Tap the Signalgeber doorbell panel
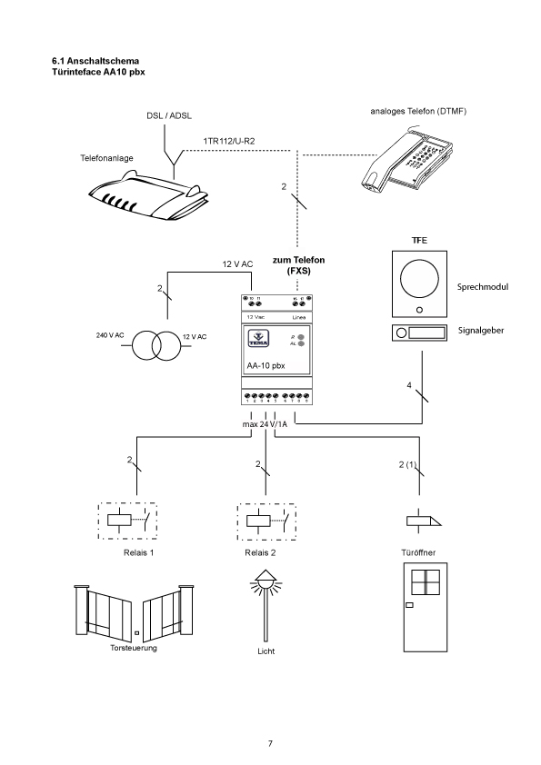(x=418, y=333)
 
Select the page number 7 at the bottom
(x=270, y=744)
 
